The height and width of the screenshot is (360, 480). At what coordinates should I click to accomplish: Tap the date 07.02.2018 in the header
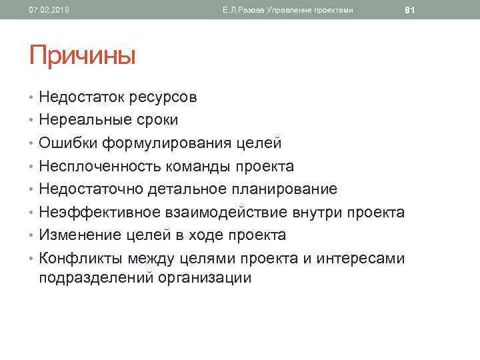[49, 10]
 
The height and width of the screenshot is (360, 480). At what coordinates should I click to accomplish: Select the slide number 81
[410, 10]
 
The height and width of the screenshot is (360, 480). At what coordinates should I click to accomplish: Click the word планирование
[285, 189]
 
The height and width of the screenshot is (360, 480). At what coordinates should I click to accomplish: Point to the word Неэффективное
[93, 212]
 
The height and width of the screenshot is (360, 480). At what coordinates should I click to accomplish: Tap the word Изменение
[75, 235]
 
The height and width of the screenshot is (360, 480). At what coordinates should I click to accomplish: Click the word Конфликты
[79, 258]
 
